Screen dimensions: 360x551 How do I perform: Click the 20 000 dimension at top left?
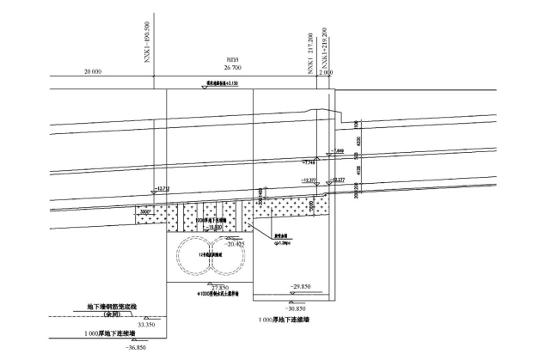(92, 71)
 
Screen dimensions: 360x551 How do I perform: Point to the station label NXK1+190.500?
(148, 43)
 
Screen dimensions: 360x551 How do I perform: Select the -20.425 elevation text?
(234, 245)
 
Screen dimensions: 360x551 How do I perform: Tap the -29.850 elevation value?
(300, 286)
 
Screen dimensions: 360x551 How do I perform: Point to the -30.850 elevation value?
(303, 306)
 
